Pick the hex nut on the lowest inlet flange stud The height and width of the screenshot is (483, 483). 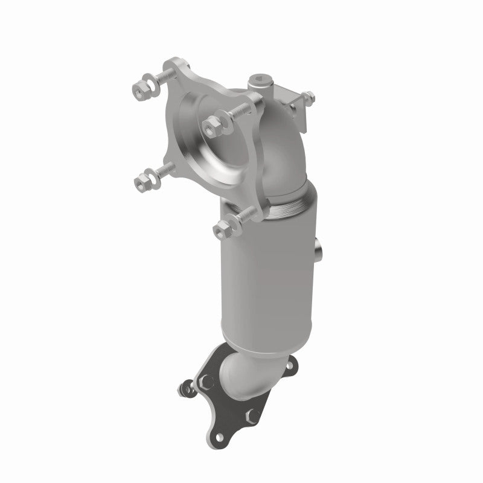click(x=222, y=228)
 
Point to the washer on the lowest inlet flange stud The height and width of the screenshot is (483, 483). click(x=232, y=223)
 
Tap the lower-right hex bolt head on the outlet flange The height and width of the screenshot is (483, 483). click(x=254, y=415)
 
